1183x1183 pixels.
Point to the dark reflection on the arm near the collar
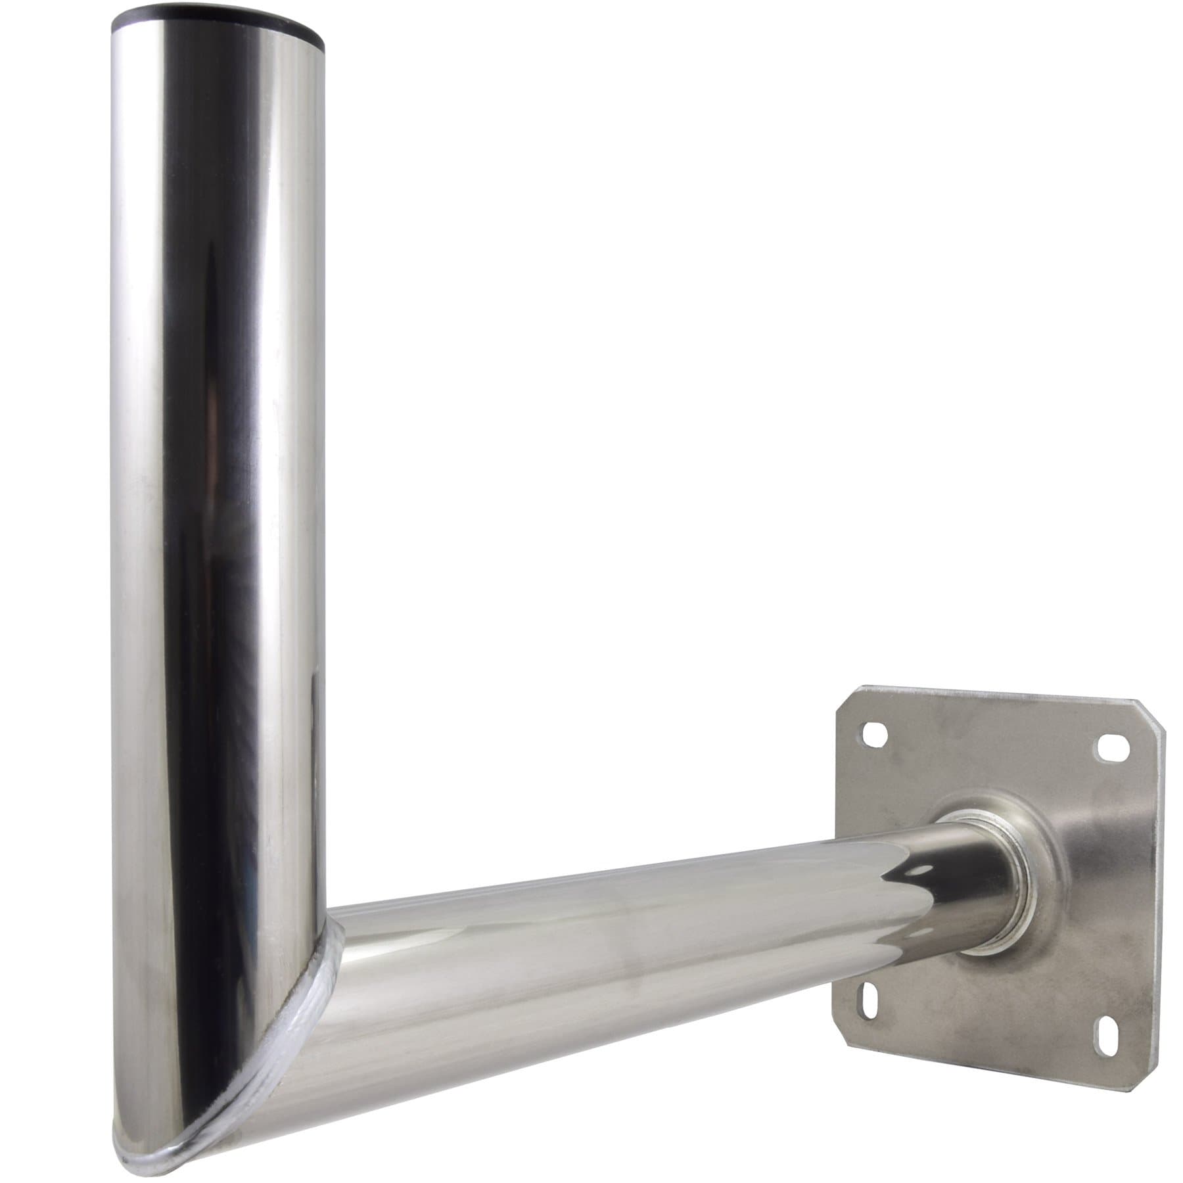914,874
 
